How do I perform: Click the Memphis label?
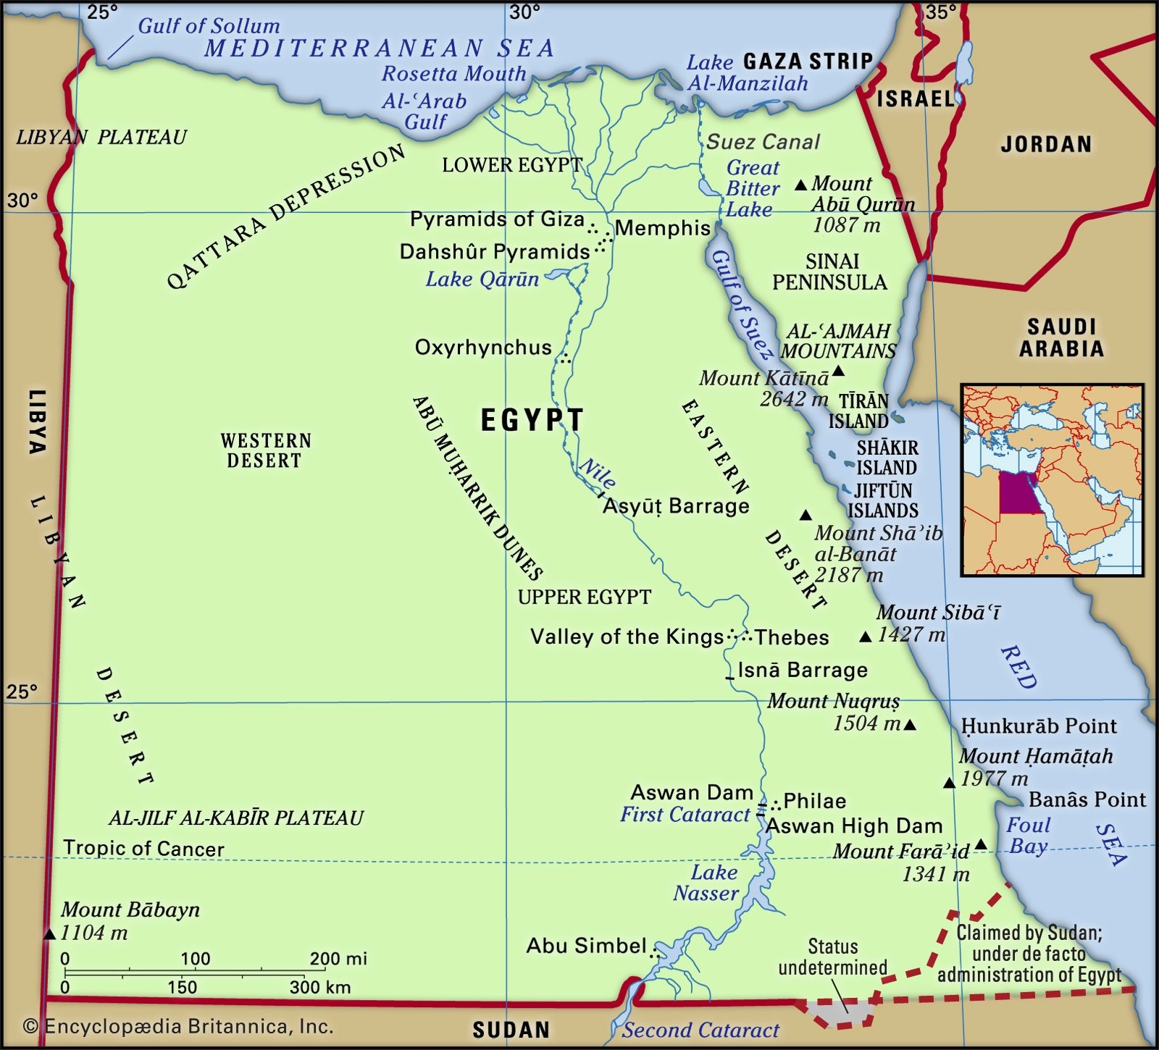tap(662, 228)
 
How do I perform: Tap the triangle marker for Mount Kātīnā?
tap(838, 371)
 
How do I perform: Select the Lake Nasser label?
tap(706, 883)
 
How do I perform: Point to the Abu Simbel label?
tap(586, 946)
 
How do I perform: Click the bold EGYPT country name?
tap(532, 421)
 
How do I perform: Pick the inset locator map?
tap(1052, 479)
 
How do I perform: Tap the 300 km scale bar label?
tap(319, 987)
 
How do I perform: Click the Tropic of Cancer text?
tap(143, 849)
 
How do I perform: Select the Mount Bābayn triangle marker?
tap(49, 935)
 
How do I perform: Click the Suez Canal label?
tap(763, 142)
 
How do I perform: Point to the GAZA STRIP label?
tap(808, 61)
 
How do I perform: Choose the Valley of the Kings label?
tap(627, 637)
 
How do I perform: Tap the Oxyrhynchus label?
tap(482, 348)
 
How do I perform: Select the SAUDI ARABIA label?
tap(1060, 337)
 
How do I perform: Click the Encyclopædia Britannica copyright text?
tap(178, 1026)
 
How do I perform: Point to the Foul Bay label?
tap(1027, 836)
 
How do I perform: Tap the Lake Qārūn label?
tap(482, 280)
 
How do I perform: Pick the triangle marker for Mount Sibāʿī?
tap(865, 637)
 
